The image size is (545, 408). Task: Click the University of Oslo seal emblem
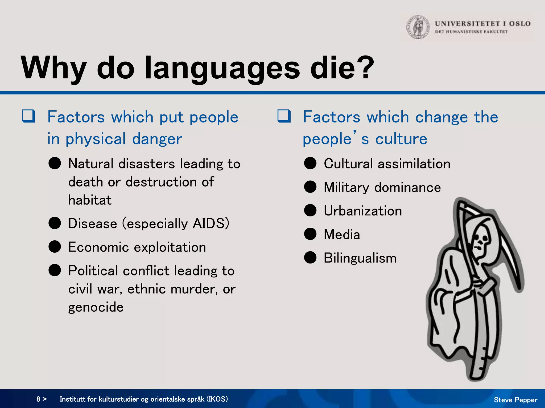418,27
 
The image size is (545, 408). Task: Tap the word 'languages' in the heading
222,69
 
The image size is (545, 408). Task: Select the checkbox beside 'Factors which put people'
28,116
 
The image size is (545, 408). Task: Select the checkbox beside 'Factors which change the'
284,116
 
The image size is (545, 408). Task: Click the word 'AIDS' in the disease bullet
209,223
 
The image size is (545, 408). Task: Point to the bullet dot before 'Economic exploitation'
55,247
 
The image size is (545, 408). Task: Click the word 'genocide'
96,307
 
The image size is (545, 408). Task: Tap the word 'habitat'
90,200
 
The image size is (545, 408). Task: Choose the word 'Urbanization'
363,211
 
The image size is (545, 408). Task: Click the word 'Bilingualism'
360,258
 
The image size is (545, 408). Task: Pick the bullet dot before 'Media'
310,234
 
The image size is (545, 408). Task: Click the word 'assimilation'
414,164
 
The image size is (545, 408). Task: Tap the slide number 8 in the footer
39,399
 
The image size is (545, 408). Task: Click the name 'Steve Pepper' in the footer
515,400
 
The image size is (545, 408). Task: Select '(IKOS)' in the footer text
217,399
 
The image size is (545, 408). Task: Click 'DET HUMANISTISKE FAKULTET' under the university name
471,32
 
